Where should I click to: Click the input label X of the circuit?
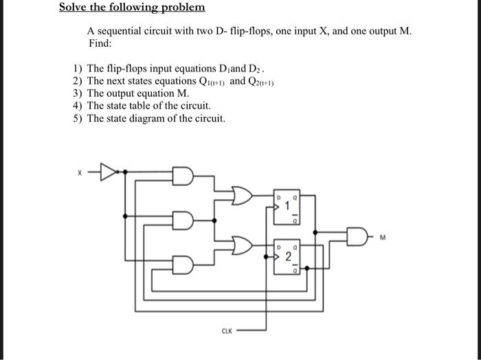pos(79,172)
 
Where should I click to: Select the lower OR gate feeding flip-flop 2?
pos(243,243)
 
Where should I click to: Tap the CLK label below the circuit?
pos(226,330)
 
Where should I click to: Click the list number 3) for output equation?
pos(78,93)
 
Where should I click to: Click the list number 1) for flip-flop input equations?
pos(78,69)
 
